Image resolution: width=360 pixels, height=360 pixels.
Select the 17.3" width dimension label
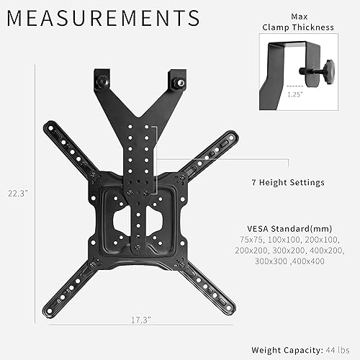141,338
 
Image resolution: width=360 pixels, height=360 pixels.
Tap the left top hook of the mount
101,81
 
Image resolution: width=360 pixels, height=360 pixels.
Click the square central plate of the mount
141,216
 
